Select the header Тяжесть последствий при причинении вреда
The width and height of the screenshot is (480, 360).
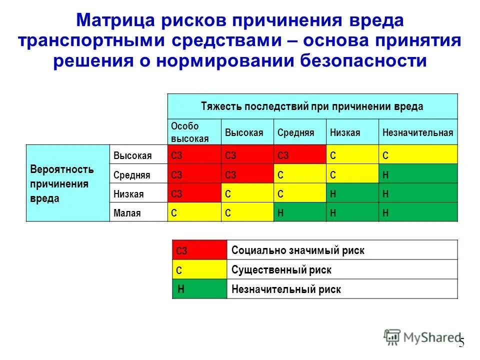[x=312, y=106]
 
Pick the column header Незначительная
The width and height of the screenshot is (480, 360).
[x=417, y=132]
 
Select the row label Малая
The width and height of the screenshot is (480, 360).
[x=127, y=213]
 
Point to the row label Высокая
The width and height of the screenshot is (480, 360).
[x=132, y=155]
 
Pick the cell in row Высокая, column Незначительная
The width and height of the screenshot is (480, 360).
[x=418, y=155]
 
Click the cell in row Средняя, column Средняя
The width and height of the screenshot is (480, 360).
[x=299, y=174]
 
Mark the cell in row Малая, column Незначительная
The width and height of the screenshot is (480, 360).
[x=418, y=212]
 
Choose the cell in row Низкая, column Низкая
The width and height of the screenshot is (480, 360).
[x=352, y=193]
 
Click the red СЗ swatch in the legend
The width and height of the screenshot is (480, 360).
[x=199, y=250]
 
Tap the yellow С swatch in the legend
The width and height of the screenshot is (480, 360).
[x=199, y=270]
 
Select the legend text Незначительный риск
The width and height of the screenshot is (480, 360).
[x=286, y=289]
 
